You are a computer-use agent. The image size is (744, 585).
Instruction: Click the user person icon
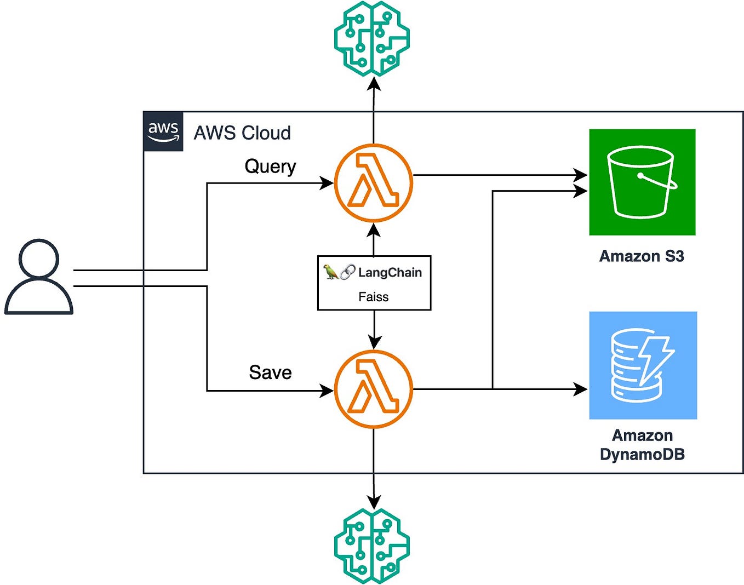(x=38, y=277)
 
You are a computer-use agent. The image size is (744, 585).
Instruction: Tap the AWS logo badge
(x=163, y=131)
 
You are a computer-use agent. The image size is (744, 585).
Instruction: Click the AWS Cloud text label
(x=242, y=133)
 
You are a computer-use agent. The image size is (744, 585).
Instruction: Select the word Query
(x=270, y=167)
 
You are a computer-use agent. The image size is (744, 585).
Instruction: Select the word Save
(x=270, y=372)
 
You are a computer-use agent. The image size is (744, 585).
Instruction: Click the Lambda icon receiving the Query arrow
(x=373, y=183)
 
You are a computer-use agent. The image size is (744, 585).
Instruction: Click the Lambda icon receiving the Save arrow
(x=373, y=389)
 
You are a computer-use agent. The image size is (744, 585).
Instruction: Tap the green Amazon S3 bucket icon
(x=642, y=182)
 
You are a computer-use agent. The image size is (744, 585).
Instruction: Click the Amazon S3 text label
(x=642, y=256)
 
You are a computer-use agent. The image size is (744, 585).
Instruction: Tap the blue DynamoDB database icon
(x=643, y=365)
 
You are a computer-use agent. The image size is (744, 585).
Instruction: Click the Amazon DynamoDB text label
(x=642, y=445)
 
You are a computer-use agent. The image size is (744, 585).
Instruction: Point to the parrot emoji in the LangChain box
(x=330, y=272)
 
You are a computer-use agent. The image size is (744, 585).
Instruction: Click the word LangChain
(x=390, y=272)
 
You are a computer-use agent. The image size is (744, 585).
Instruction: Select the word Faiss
(x=374, y=297)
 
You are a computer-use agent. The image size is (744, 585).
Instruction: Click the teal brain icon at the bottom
(x=372, y=546)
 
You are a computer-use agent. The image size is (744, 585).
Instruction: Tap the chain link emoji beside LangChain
(x=347, y=272)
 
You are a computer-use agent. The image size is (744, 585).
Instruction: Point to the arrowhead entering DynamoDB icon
(x=581, y=389)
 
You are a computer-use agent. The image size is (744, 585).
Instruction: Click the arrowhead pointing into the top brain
(x=374, y=83)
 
